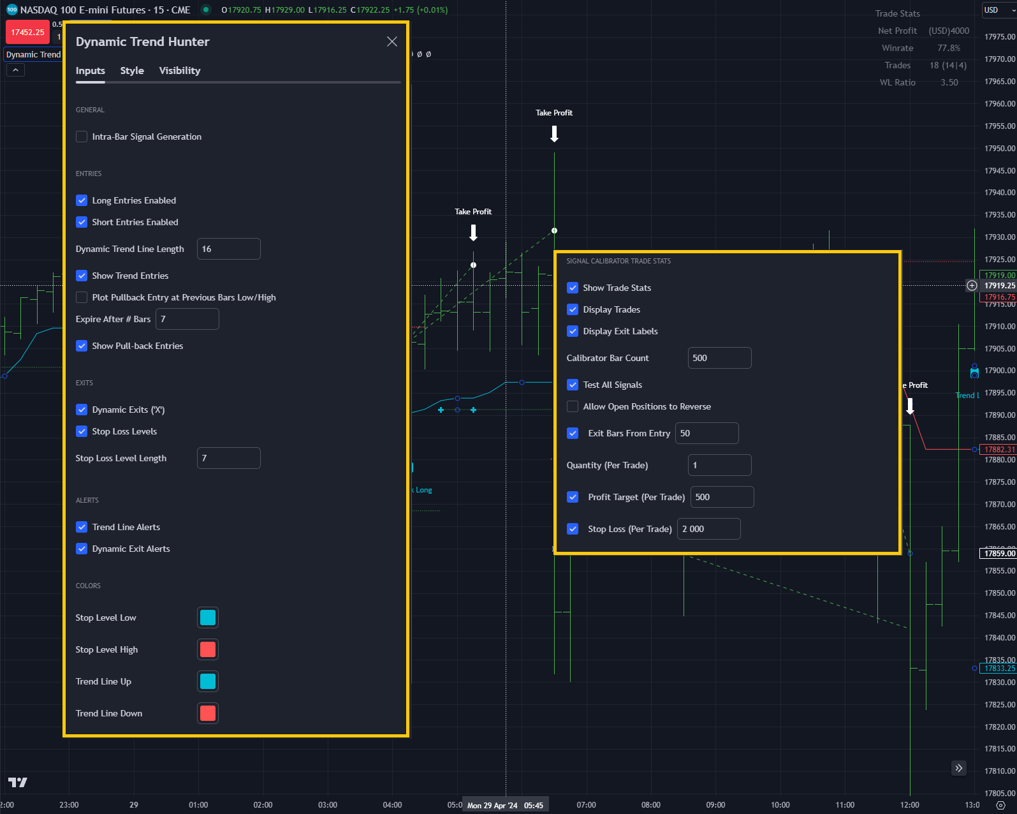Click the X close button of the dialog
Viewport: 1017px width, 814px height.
pos(391,41)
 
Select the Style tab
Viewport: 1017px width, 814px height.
pos(132,71)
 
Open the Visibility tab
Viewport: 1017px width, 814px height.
pos(179,71)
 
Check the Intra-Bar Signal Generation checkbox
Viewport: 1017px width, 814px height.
pos(82,137)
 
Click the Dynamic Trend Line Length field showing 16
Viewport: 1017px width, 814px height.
pos(228,249)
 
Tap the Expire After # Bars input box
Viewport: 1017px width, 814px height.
pos(187,319)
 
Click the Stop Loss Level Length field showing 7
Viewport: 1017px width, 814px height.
pos(228,458)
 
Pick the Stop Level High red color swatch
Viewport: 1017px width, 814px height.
pos(208,649)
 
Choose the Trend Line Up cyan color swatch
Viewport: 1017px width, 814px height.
pos(208,681)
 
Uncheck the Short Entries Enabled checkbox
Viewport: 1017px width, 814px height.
pos(82,222)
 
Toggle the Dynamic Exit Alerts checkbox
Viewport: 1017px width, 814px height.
pos(82,549)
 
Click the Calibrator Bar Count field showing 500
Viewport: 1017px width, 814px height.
pos(719,358)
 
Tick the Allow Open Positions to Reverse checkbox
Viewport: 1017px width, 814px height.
pos(573,406)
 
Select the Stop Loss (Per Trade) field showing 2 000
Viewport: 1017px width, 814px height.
pos(708,529)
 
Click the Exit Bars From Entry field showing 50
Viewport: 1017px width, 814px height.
pos(706,433)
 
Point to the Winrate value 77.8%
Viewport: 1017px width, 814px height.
pos(948,48)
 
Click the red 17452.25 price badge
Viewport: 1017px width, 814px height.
pos(27,33)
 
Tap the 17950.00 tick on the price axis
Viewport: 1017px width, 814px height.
pos(999,148)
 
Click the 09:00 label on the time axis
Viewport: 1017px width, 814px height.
pos(715,804)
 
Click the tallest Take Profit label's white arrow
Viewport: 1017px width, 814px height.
pos(554,133)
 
